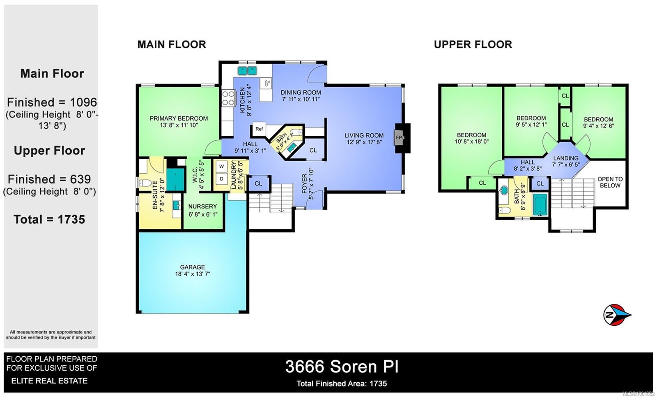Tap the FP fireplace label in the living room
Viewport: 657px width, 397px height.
399,137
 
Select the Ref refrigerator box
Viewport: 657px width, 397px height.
259,129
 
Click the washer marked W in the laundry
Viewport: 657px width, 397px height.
221,167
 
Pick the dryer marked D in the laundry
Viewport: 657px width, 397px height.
221,179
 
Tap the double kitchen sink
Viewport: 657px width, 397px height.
247,71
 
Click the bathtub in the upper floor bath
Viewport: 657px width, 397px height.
540,204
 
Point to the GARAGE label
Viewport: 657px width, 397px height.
193,267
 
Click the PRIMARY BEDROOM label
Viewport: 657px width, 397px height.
179,118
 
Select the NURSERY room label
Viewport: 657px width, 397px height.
203,207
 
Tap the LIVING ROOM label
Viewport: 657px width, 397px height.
364,135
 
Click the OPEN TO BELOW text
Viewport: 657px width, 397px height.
610,182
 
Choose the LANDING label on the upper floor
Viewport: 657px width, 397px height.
566,158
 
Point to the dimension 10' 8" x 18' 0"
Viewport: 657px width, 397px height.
471,142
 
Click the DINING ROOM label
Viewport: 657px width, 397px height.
301,92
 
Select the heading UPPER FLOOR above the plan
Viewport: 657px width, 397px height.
473,45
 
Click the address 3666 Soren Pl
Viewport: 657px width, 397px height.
342,367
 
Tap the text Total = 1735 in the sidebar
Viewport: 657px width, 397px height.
49,220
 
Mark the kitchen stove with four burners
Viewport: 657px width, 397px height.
228,98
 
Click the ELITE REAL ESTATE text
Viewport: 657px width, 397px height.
49,381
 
